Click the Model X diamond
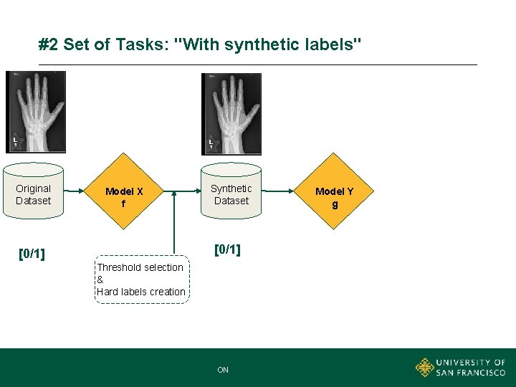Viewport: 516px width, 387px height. coord(124,191)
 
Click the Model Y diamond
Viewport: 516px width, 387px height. coord(334,191)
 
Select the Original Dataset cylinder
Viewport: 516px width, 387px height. coord(34,194)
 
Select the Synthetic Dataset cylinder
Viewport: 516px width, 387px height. coord(231,194)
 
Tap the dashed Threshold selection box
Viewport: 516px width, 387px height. coord(143,279)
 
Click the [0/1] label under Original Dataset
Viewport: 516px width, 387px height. coord(32,253)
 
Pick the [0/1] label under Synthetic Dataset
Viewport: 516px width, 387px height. coord(227,249)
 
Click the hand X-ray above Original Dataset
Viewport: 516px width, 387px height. coord(35,112)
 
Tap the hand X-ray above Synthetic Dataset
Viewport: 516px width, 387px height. coord(232,114)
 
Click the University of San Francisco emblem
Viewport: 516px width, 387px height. coord(425,368)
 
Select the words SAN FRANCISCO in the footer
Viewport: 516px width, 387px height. coord(471,373)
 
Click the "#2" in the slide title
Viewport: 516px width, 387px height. coord(49,45)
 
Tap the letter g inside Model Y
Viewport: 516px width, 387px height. coord(334,204)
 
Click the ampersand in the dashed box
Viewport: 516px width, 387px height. coord(100,279)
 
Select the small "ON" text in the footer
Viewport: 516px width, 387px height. coord(223,370)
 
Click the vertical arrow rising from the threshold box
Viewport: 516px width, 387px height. coord(173,222)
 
